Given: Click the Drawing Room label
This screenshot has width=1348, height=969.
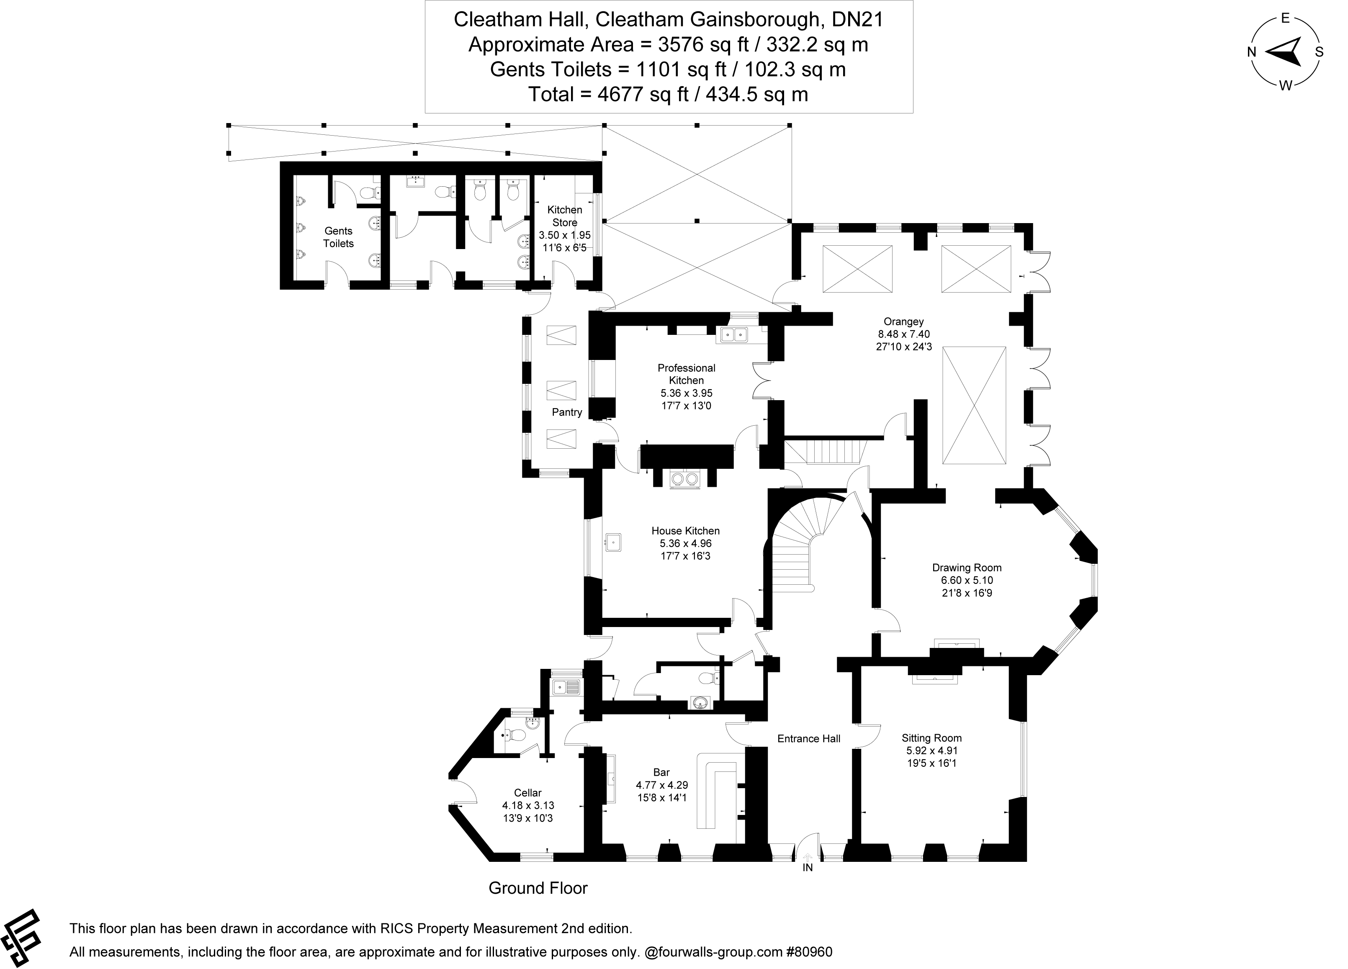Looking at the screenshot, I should pos(967,568).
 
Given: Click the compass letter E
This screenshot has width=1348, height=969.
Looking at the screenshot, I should pos(1284,18).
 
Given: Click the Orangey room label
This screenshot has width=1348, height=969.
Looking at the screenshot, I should pos(903,321).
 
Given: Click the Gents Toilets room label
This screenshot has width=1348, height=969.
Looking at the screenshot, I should pos(338,237).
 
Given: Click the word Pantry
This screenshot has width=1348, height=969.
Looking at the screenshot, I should pos(566,412).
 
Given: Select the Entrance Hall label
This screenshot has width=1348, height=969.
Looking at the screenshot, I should pos(808,738).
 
